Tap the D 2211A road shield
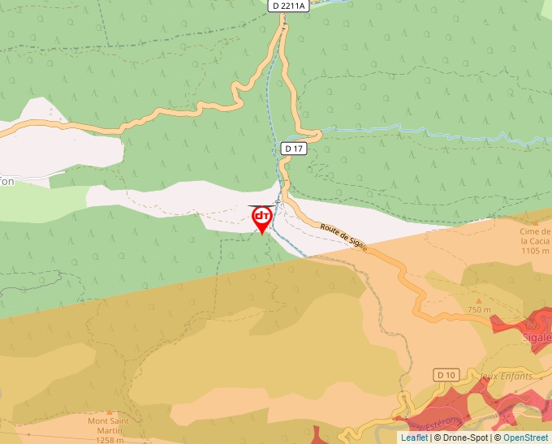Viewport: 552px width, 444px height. (x=288, y=6)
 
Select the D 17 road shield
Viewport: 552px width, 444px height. (x=293, y=149)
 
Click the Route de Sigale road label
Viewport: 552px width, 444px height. (x=344, y=237)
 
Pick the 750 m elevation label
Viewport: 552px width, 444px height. (x=479, y=310)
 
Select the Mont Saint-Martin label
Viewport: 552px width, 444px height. (x=110, y=425)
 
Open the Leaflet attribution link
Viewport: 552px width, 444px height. (x=414, y=438)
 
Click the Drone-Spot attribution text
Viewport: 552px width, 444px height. (x=463, y=438)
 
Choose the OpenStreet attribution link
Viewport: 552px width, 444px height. (x=527, y=438)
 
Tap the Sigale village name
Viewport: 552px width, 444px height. (x=540, y=337)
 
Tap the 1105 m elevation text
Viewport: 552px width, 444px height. (x=535, y=251)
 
